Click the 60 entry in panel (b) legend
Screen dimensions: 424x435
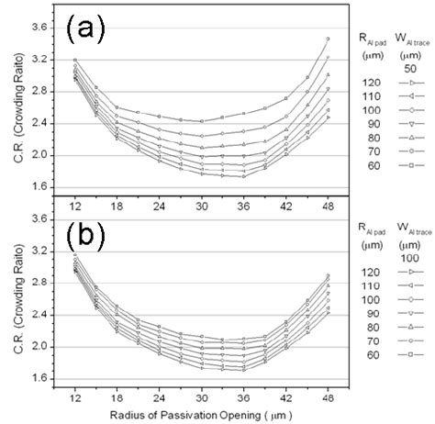click(368, 353)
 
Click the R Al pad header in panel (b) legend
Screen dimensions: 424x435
click(370, 224)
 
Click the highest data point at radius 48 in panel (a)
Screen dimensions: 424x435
click(329, 39)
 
